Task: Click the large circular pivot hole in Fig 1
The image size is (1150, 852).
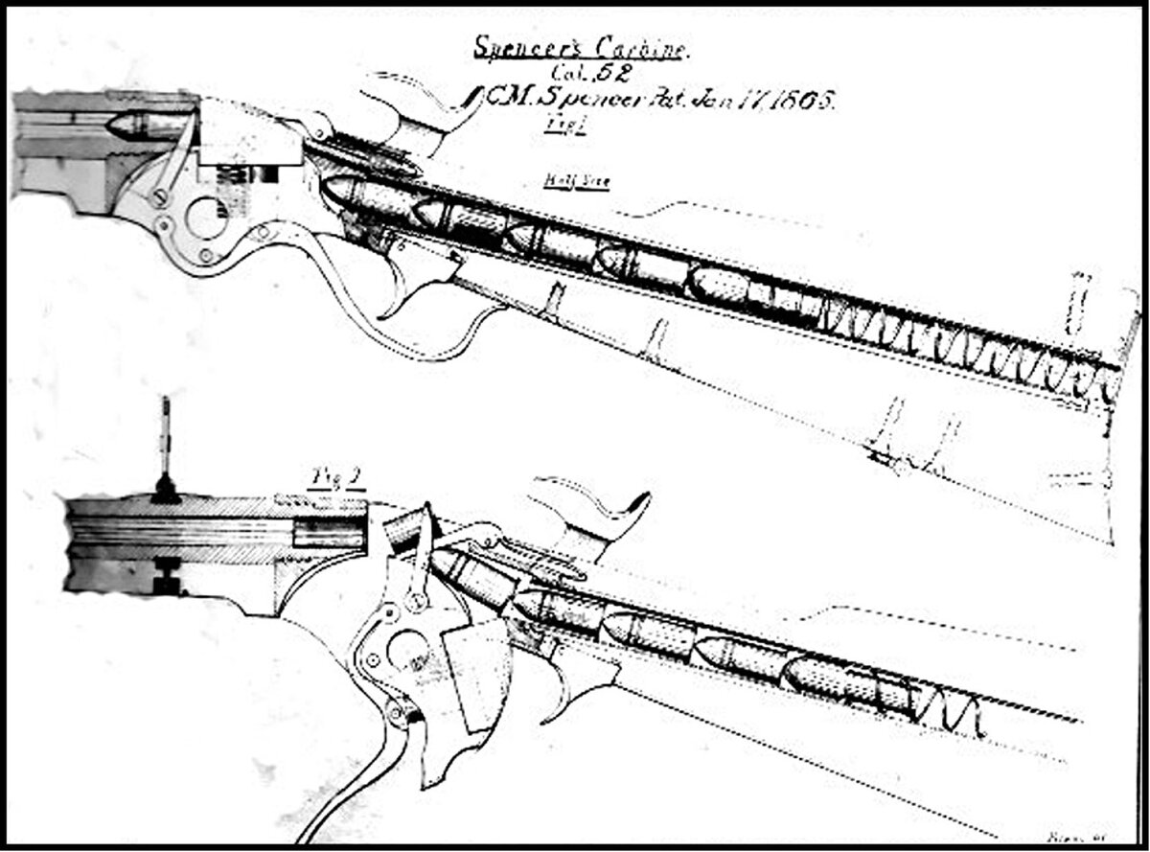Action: pyautogui.click(x=206, y=217)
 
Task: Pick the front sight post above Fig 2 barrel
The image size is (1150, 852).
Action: pyautogui.click(x=165, y=450)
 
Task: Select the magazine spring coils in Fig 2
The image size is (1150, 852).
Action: pyautogui.click(x=949, y=714)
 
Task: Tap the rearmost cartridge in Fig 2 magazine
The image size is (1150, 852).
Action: pyautogui.click(x=843, y=685)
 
